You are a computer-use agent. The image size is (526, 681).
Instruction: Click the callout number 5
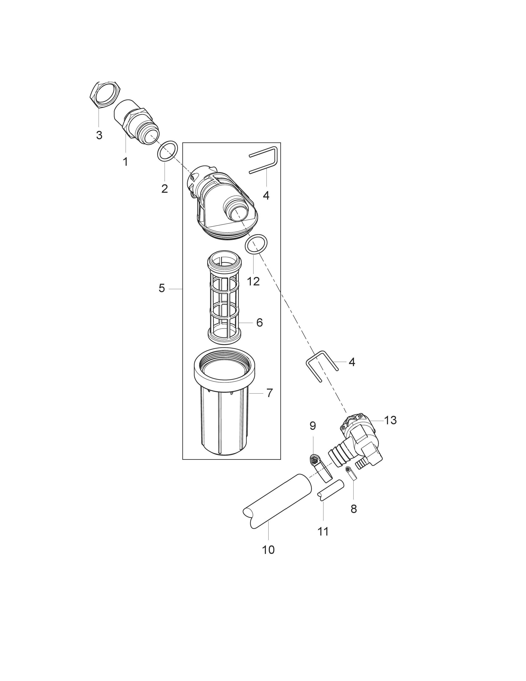(162, 288)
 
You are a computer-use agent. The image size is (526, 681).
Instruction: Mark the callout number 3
(99, 135)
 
